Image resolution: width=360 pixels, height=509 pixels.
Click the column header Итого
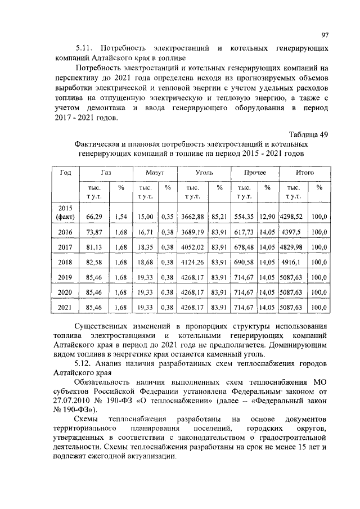pyautogui.click(x=304, y=173)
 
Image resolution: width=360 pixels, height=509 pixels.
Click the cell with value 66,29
pyautogui.click(x=94, y=216)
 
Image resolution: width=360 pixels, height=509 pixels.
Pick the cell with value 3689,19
pyautogui.click(x=192, y=232)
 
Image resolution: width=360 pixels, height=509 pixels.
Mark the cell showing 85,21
pyautogui.click(x=219, y=216)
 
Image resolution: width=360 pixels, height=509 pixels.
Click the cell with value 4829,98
pyautogui.click(x=291, y=246)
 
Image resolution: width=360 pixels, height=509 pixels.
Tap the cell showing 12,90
pyautogui.click(x=267, y=216)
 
